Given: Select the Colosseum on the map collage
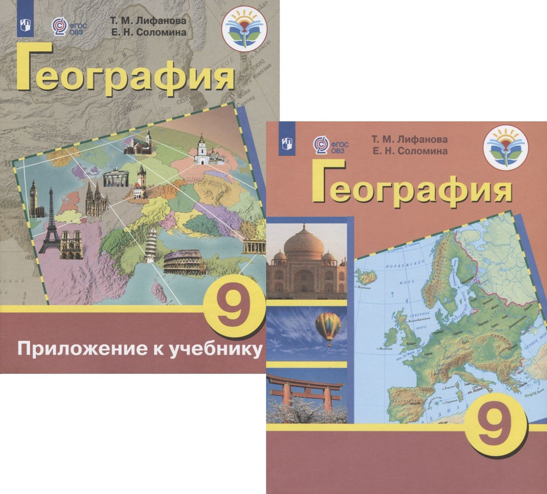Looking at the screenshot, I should click(184, 263).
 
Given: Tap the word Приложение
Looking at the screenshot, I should click(74, 348).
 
